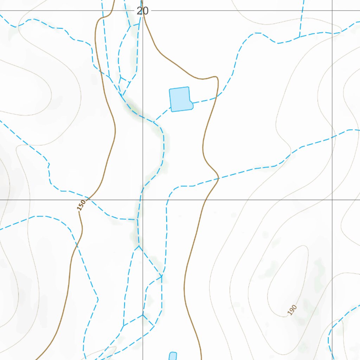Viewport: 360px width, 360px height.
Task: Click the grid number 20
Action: (x=142, y=11)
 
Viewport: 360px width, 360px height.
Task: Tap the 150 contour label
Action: (x=81, y=205)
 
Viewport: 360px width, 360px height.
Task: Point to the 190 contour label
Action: (x=292, y=310)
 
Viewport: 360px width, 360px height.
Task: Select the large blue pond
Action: (x=180, y=99)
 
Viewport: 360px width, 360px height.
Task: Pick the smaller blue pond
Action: (x=173, y=356)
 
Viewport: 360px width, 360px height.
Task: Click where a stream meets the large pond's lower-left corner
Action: (x=172, y=107)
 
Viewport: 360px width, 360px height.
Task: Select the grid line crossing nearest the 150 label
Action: (x=143, y=200)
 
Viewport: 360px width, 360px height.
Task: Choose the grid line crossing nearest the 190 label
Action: (x=333, y=200)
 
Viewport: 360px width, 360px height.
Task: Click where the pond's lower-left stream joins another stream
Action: (x=154, y=121)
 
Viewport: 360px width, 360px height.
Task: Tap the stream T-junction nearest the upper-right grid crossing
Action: (x=300, y=37)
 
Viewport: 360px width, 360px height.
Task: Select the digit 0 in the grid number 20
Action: (x=146, y=11)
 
